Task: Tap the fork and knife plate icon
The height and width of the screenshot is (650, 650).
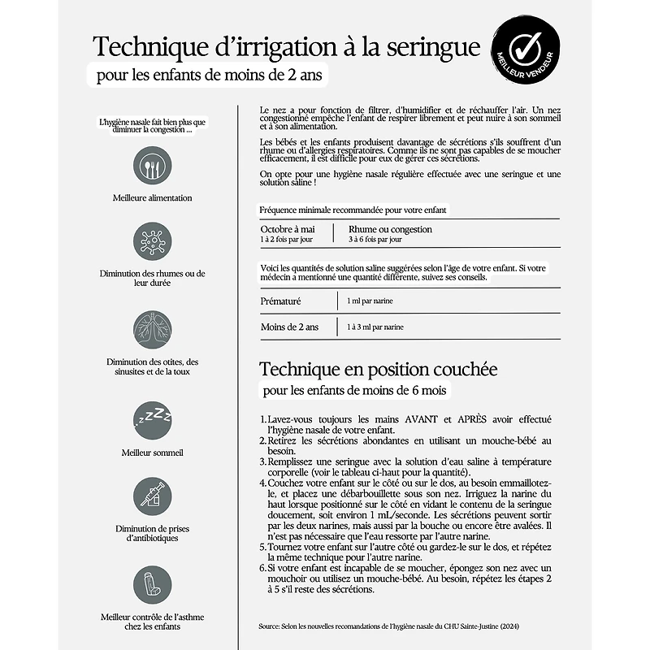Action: [153, 166]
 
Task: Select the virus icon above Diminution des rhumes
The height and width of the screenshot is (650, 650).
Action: [153, 243]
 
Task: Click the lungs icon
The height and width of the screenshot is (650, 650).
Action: [153, 330]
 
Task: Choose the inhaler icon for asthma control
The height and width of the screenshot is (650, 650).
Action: [153, 584]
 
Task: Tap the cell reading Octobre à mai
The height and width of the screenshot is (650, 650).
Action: [287, 229]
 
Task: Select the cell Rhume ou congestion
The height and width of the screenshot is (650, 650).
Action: [390, 229]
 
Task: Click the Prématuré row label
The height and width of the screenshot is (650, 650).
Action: [281, 301]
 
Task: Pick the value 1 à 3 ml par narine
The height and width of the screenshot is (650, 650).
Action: [375, 327]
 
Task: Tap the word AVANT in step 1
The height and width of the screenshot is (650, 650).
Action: [395, 418]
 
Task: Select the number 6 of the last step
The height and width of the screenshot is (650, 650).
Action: [263, 568]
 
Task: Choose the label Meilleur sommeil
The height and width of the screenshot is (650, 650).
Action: [153, 452]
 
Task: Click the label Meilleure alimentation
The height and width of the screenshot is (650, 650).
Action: [153, 197]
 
